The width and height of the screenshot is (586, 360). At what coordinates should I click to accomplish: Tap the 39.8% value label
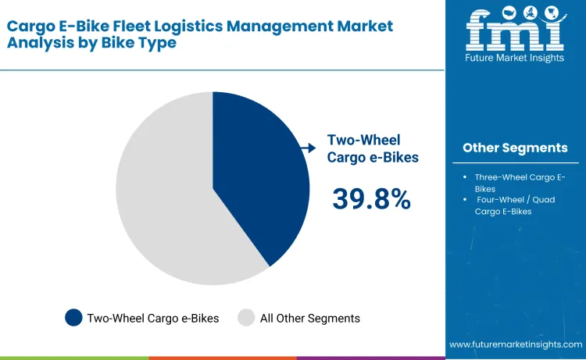(x=371, y=199)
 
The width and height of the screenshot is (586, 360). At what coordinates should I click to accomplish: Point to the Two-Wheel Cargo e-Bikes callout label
(x=373, y=148)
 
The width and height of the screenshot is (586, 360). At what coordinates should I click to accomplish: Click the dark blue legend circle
(x=73, y=318)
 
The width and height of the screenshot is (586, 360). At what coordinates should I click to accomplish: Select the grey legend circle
(x=246, y=318)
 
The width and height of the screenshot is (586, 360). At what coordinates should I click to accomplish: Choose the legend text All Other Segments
(x=309, y=318)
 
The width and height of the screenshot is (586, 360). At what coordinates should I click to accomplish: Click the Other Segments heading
(x=514, y=148)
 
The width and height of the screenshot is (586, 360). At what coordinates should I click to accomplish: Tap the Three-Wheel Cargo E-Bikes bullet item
(x=519, y=183)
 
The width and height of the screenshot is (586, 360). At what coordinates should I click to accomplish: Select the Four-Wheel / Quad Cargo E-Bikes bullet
(x=519, y=205)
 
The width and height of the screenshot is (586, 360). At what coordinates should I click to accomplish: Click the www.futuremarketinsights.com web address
(x=516, y=344)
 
